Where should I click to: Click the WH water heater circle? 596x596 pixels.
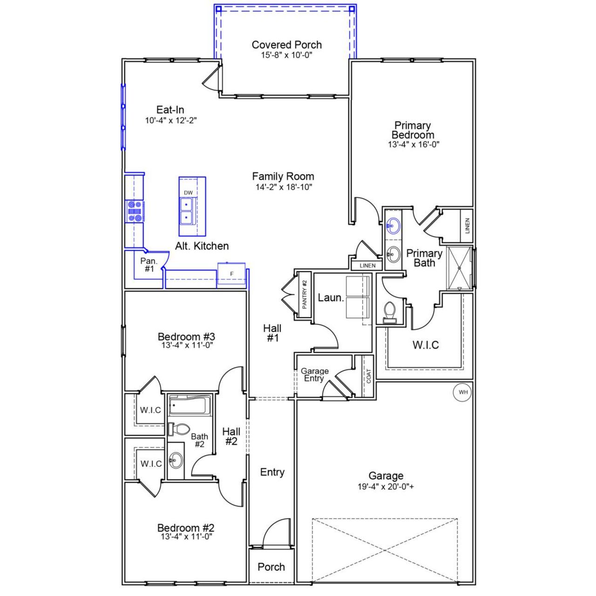[x=463, y=392]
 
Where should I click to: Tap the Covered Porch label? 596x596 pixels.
[x=286, y=45]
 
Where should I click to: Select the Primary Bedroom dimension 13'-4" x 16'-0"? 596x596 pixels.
[x=413, y=144]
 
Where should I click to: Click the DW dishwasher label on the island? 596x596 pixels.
[x=188, y=193]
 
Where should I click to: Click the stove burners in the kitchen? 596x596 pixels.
[x=135, y=210]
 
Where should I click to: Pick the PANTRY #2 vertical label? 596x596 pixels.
[x=305, y=294]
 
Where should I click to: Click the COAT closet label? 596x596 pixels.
[x=369, y=376]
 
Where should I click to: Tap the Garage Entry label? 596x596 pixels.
[x=314, y=375]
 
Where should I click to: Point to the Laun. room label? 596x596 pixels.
[x=331, y=298]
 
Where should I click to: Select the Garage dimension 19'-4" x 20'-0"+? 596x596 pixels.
[x=386, y=487]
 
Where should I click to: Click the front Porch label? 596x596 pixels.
[x=271, y=567]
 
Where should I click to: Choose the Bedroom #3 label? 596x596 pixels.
[x=186, y=336]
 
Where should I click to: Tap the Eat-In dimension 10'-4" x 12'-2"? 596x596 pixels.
[x=170, y=120]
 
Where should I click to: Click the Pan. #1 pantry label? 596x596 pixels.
[x=149, y=265]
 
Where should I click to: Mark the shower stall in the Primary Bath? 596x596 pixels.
[x=459, y=268]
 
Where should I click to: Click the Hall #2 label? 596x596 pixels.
[x=231, y=436]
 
